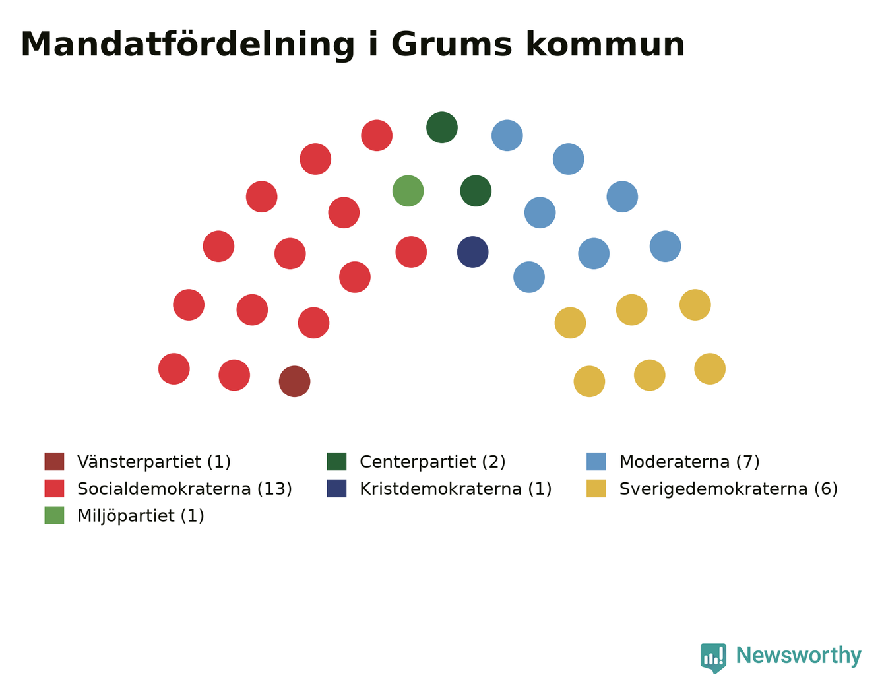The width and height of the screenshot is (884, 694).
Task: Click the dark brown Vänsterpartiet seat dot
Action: click(294, 381)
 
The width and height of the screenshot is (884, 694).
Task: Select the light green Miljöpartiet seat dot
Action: click(408, 191)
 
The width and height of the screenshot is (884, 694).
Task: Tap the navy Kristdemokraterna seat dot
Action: click(473, 252)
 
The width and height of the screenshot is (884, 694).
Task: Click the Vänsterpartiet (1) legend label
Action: click(154, 462)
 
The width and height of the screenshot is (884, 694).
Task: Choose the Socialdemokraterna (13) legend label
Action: click(185, 489)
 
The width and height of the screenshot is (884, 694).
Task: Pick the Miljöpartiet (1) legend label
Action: click(141, 516)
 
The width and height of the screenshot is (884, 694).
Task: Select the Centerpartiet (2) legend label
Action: click(433, 462)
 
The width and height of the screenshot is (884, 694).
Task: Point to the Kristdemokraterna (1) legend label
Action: click(456, 489)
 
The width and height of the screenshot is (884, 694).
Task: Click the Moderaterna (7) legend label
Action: click(689, 462)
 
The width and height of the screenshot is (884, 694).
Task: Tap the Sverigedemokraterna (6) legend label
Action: click(728, 489)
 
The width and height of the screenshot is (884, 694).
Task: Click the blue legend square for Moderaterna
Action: click(596, 461)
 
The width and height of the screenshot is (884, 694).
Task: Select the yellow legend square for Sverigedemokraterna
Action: click(596, 488)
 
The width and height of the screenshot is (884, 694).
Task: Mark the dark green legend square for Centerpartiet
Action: click(337, 461)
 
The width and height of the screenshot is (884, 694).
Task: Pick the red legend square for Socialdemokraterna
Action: click(55, 488)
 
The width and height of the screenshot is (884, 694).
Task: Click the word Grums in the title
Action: click(451, 44)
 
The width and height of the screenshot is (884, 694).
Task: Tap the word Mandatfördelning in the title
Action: click(187, 45)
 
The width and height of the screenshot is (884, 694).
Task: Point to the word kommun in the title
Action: click(606, 44)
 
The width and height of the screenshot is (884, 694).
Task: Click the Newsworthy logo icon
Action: click(713, 658)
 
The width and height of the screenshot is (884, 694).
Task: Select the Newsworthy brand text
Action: click(799, 656)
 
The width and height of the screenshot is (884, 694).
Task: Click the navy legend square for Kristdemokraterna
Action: click(337, 488)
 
